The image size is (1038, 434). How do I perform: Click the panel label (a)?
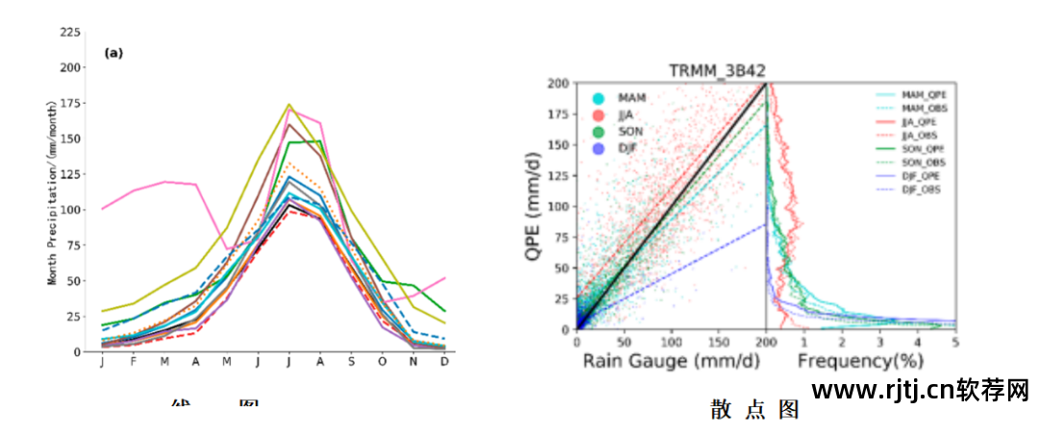[113, 53]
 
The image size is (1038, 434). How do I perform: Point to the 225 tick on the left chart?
[70, 32]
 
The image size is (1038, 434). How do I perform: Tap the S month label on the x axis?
[351, 362]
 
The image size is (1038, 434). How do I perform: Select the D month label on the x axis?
[444, 362]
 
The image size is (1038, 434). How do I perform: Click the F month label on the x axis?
[133, 362]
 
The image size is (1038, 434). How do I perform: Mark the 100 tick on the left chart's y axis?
[70, 209]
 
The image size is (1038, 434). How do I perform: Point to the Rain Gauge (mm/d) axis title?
[670, 362]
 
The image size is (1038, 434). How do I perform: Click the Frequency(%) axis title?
[859, 362]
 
